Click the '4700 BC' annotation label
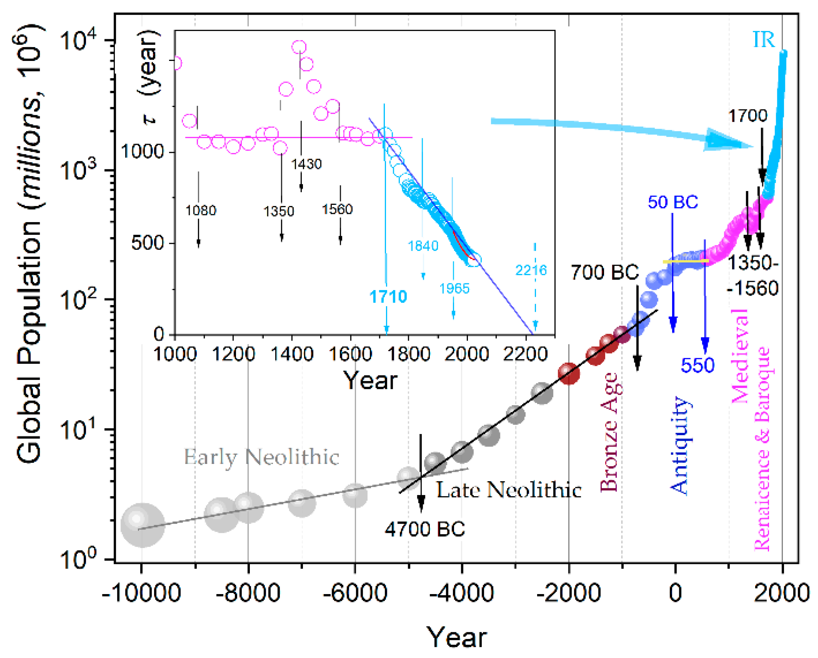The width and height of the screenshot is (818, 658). [x=425, y=529]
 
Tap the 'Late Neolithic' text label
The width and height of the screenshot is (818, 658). [x=509, y=490]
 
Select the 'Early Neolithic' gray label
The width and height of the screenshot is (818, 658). [x=261, y=457]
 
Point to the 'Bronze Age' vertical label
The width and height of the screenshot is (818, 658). [x=609, y=432]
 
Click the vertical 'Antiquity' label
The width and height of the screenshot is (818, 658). [x=679, y=445]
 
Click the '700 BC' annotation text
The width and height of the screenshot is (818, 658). [x=605, y=272]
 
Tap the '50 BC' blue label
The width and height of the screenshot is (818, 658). [x=673, y=202]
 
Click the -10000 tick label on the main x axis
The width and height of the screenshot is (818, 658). [x=141, y=593]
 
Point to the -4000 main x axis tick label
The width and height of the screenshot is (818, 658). [x=461, y=593]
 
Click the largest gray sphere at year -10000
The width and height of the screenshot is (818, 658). [x=143, y=526]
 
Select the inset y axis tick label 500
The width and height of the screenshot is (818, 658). [x=147, y=243]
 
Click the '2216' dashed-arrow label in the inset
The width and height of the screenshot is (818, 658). [x=531, y=270]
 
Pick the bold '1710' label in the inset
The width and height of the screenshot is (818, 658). [x=388, y=296]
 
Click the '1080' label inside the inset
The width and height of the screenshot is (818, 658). [x=201, y=210]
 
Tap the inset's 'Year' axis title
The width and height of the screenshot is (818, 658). [x=370, y=381]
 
